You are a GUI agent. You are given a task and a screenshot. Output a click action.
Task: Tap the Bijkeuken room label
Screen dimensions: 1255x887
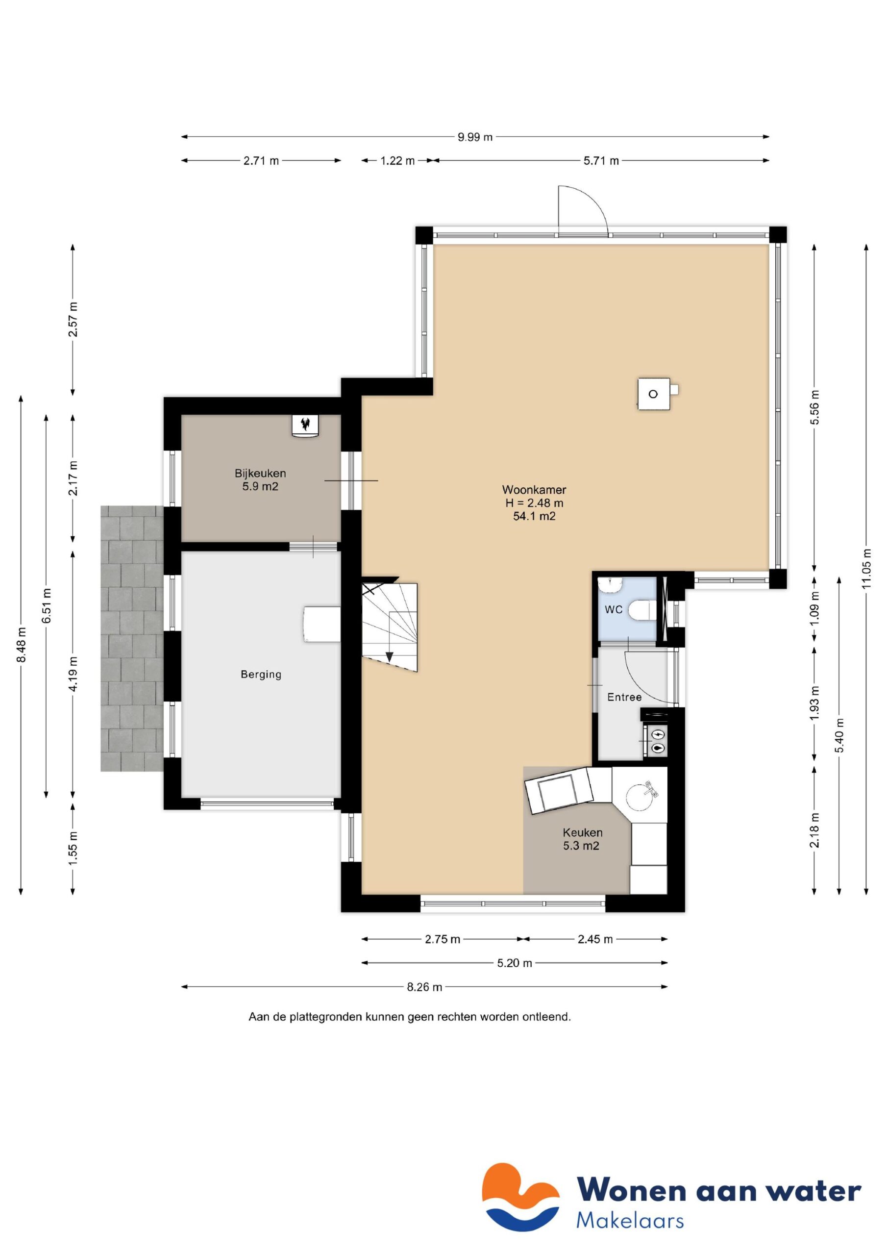(260, 474)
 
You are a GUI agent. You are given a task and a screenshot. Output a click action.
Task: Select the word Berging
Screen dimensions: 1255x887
(261, 674)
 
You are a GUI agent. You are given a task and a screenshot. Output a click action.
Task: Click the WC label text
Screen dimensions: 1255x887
(613, 609)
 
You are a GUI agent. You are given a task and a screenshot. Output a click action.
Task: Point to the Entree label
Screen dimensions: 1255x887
(624, 697)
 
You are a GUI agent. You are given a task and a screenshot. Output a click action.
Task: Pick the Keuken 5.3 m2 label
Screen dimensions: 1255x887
(582, 839)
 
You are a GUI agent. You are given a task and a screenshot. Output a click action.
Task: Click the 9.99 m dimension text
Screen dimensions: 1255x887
(475, 137)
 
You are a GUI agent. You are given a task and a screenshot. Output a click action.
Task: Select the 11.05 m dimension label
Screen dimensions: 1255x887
(866, 569)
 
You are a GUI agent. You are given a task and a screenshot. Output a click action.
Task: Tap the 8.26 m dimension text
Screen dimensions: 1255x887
(424, 987)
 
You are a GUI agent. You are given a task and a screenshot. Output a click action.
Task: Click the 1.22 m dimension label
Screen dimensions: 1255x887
(397, 161)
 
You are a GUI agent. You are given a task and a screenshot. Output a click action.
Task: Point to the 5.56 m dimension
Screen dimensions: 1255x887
(815, 407)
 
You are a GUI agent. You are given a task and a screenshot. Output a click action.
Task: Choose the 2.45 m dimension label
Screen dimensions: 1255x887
(594, 940)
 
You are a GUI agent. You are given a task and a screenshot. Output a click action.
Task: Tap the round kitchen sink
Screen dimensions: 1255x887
(642, 797)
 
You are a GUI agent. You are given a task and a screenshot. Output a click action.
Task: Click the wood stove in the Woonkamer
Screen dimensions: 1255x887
(654, 394)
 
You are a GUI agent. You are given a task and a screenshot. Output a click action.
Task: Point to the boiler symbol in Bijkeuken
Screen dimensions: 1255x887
(305, 426)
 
